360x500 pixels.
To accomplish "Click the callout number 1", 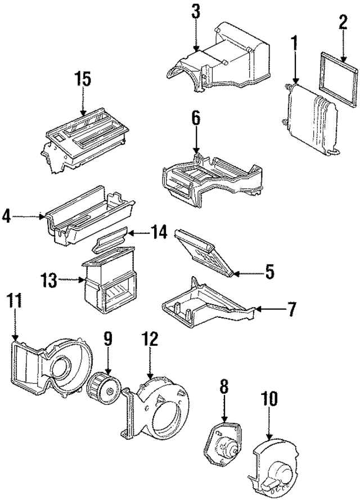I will coord(294,43).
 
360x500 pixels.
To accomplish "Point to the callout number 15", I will coord(83,80).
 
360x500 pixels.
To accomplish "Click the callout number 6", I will coord(195,118).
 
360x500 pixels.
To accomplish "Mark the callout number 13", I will coord(49,280).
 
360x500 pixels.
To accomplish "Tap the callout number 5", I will coord(269,273).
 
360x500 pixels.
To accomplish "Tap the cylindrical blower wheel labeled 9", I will coord(103,387).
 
